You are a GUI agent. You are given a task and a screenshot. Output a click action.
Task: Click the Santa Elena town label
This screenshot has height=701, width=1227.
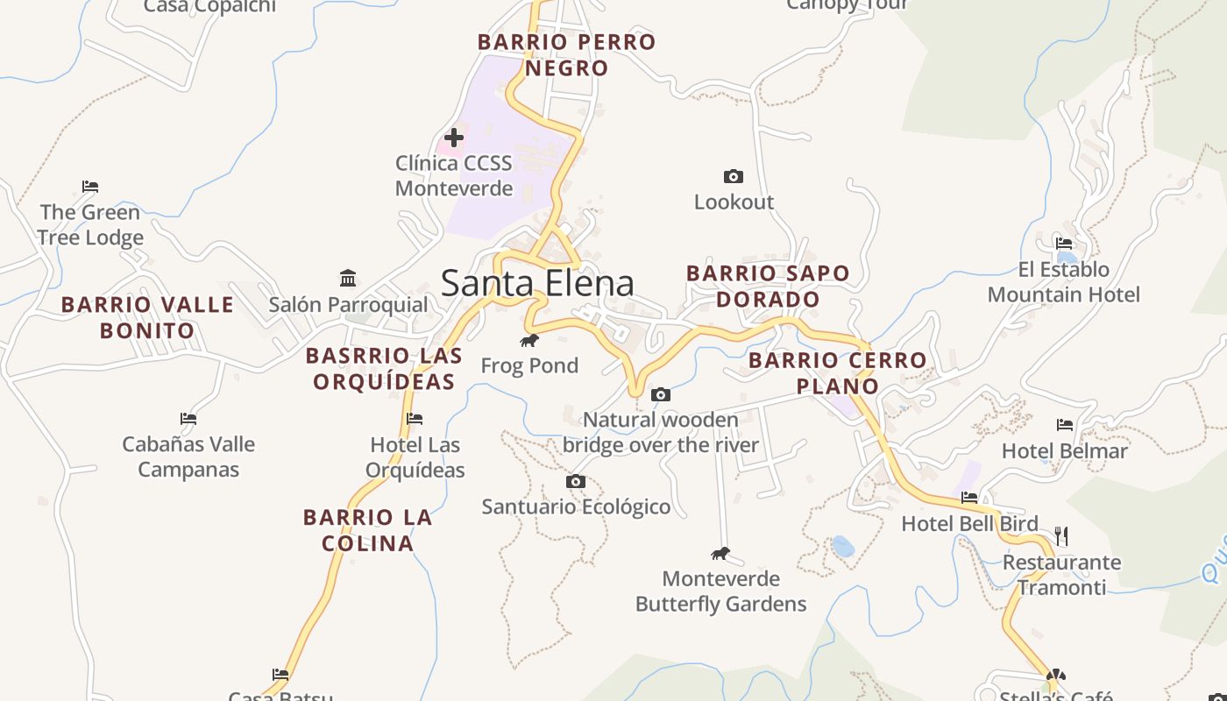(537, 284)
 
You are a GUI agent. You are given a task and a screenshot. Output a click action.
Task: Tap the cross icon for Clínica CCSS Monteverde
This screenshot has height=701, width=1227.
(454, 137)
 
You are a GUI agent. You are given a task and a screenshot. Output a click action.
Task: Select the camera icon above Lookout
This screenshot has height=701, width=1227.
(734, 177)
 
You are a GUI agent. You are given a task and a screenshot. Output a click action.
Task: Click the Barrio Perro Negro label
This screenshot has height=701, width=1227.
(566, 54)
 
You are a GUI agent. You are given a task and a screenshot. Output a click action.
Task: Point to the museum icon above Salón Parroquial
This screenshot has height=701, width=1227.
(348, 279)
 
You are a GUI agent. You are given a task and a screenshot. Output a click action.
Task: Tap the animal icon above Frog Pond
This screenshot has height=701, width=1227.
(528, 340)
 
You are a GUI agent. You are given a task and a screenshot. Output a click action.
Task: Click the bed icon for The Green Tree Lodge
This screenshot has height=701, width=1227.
(90, 187)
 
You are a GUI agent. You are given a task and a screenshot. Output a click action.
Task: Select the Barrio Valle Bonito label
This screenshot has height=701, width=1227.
(147, 317)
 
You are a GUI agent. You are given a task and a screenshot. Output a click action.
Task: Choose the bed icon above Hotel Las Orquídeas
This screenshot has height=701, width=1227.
(415, 419)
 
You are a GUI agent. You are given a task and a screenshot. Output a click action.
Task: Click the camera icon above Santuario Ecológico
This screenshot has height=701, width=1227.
(576, 482)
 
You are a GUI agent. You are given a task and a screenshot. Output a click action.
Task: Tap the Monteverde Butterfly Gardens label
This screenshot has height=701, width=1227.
(720, 591)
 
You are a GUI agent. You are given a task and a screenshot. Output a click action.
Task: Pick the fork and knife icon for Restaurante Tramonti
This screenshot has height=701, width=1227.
(1061, 535)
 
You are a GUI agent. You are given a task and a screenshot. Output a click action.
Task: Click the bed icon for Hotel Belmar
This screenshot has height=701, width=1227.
(1065, 425)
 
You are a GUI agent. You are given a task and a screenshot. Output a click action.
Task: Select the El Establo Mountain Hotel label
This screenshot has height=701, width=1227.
(1063, 281)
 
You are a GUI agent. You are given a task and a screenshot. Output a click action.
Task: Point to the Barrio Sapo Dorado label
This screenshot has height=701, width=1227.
(768, 286)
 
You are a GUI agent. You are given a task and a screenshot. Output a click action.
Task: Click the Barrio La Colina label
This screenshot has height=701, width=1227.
(368, 530)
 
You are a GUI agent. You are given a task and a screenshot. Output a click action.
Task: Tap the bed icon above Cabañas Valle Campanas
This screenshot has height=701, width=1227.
(188, 419)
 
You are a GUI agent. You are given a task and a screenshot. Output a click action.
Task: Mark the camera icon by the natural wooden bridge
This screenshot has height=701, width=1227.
(661, 395)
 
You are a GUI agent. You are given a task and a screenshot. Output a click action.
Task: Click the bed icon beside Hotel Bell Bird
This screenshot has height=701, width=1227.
(969, 498)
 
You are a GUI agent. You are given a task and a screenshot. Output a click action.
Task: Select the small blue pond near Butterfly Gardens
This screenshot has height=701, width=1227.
(842, 547)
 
